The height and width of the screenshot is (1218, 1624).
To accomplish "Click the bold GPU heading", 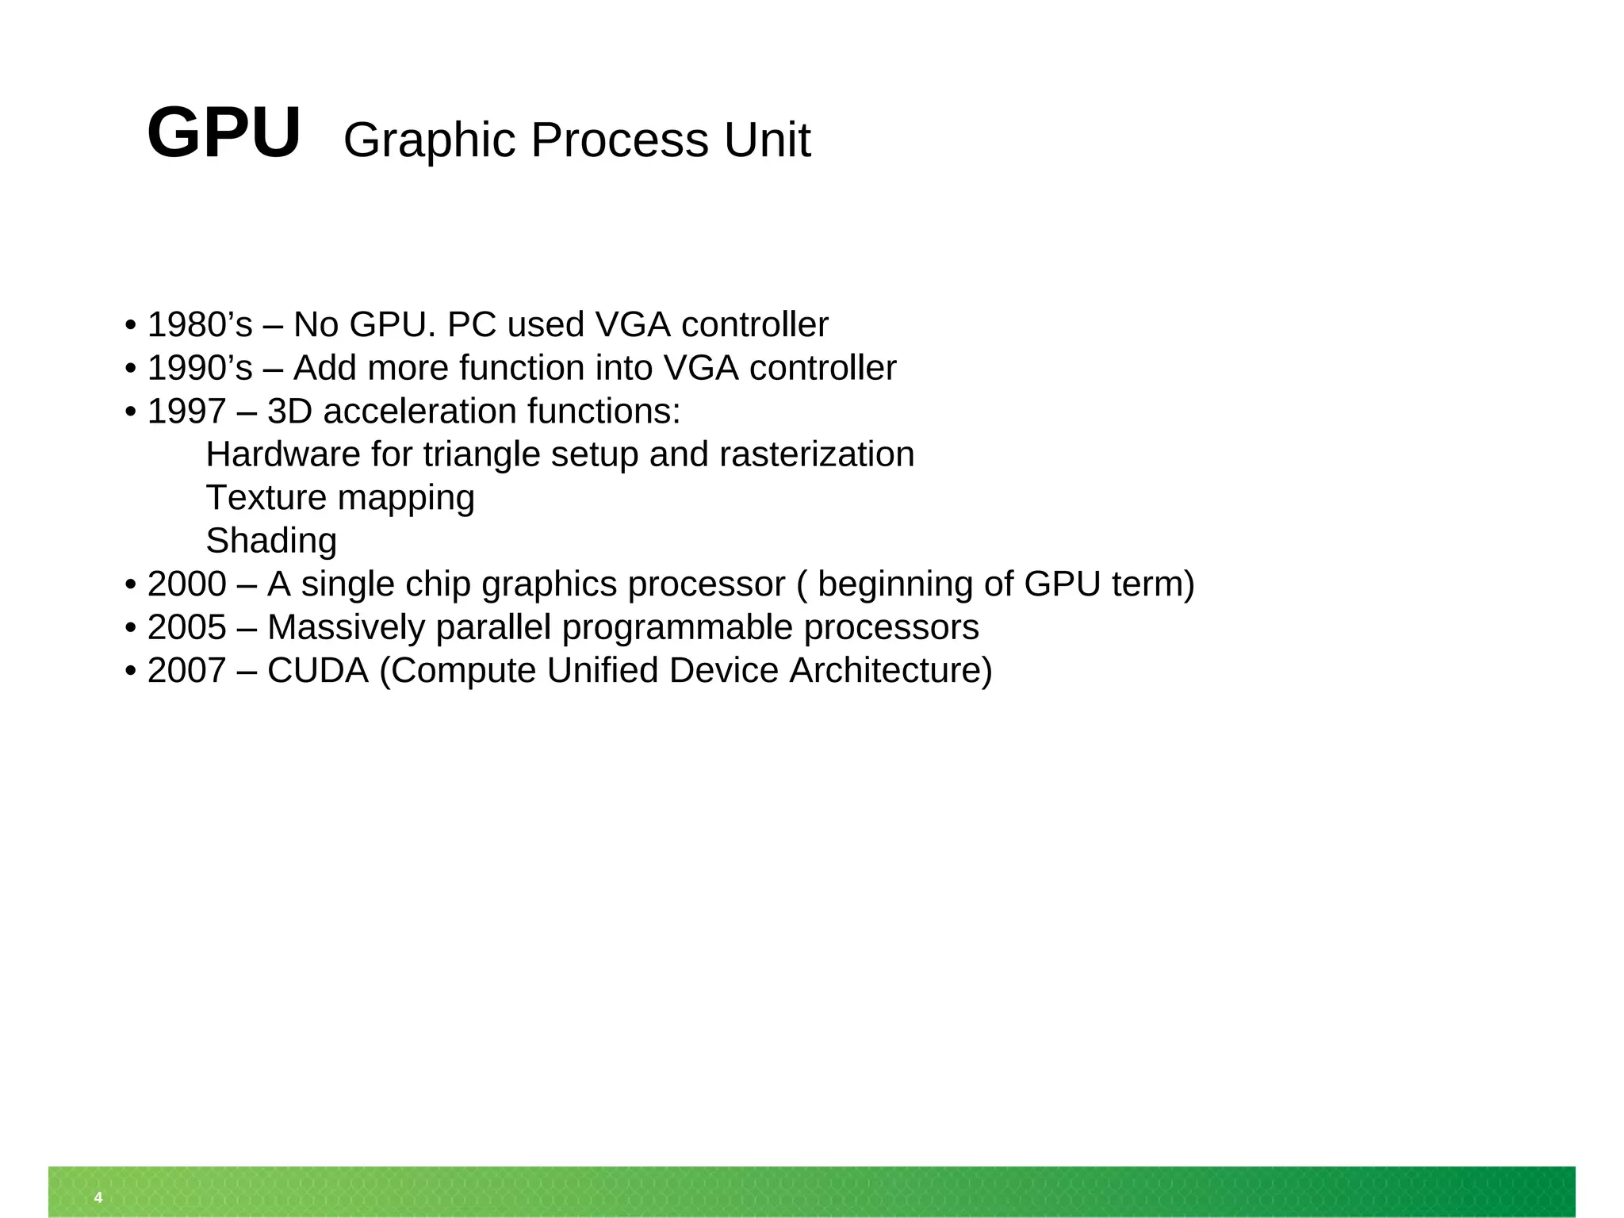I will click(x=224, y=133).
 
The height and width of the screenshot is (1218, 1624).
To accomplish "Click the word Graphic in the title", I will click(x=429, y=140).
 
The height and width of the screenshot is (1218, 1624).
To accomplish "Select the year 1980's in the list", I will click(x=200, y=324).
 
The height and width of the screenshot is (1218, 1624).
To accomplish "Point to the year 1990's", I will click(x=200, y=368).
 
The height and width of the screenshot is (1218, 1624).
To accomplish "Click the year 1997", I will click(x=187, y=412).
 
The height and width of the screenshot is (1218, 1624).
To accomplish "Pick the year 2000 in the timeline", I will click(x=187, y=584).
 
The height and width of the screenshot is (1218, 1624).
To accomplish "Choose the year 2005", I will click(x=187, y=627).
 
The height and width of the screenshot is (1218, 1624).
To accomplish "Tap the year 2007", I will click(x=187, y=671).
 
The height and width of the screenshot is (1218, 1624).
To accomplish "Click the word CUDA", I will click(x=318, y=671).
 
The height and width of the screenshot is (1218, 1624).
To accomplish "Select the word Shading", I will click(x=271, y=541).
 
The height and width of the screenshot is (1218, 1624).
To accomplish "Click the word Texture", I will click(x=266, y=498).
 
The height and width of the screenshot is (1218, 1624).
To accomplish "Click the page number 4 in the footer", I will click(x=98, y=1197).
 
